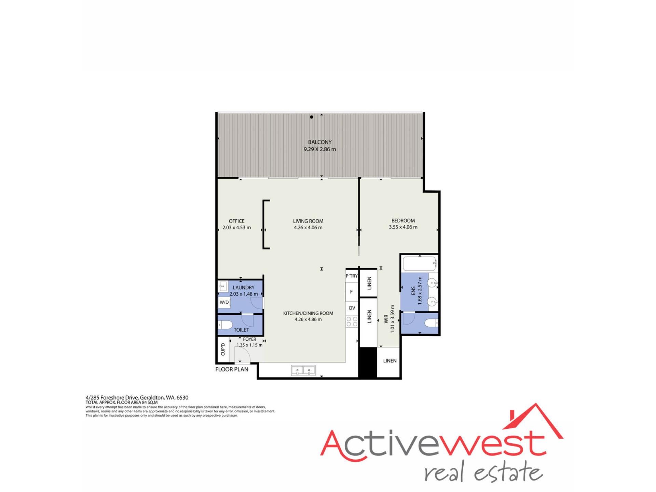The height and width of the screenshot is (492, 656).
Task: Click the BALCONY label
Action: [320, 142]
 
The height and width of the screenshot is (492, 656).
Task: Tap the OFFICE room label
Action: [236, 221]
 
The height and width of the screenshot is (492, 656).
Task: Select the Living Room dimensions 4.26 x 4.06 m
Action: [308, 228]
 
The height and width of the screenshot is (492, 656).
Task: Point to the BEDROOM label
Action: [403, 221]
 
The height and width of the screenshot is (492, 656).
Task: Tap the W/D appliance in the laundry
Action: [224, 302]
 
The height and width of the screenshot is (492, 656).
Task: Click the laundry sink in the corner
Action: [223, 286]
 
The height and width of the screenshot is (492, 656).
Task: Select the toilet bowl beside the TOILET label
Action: [225, 325]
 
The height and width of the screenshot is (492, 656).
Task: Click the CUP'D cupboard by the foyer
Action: [223, 349]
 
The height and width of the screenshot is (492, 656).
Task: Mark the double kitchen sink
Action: [303, 370]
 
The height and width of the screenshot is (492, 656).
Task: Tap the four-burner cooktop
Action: [352, 322]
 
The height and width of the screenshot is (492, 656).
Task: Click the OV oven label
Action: [352, 308]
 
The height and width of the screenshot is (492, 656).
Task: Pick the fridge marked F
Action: [351, 292]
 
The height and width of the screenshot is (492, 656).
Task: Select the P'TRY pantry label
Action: [352, 276]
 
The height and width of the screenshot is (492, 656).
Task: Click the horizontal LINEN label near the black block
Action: [390, 360]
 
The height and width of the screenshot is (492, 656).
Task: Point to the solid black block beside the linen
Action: [368, 362]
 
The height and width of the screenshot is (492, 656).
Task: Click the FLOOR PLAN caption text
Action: [232, 369]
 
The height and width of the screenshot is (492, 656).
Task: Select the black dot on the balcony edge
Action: [312, 117]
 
